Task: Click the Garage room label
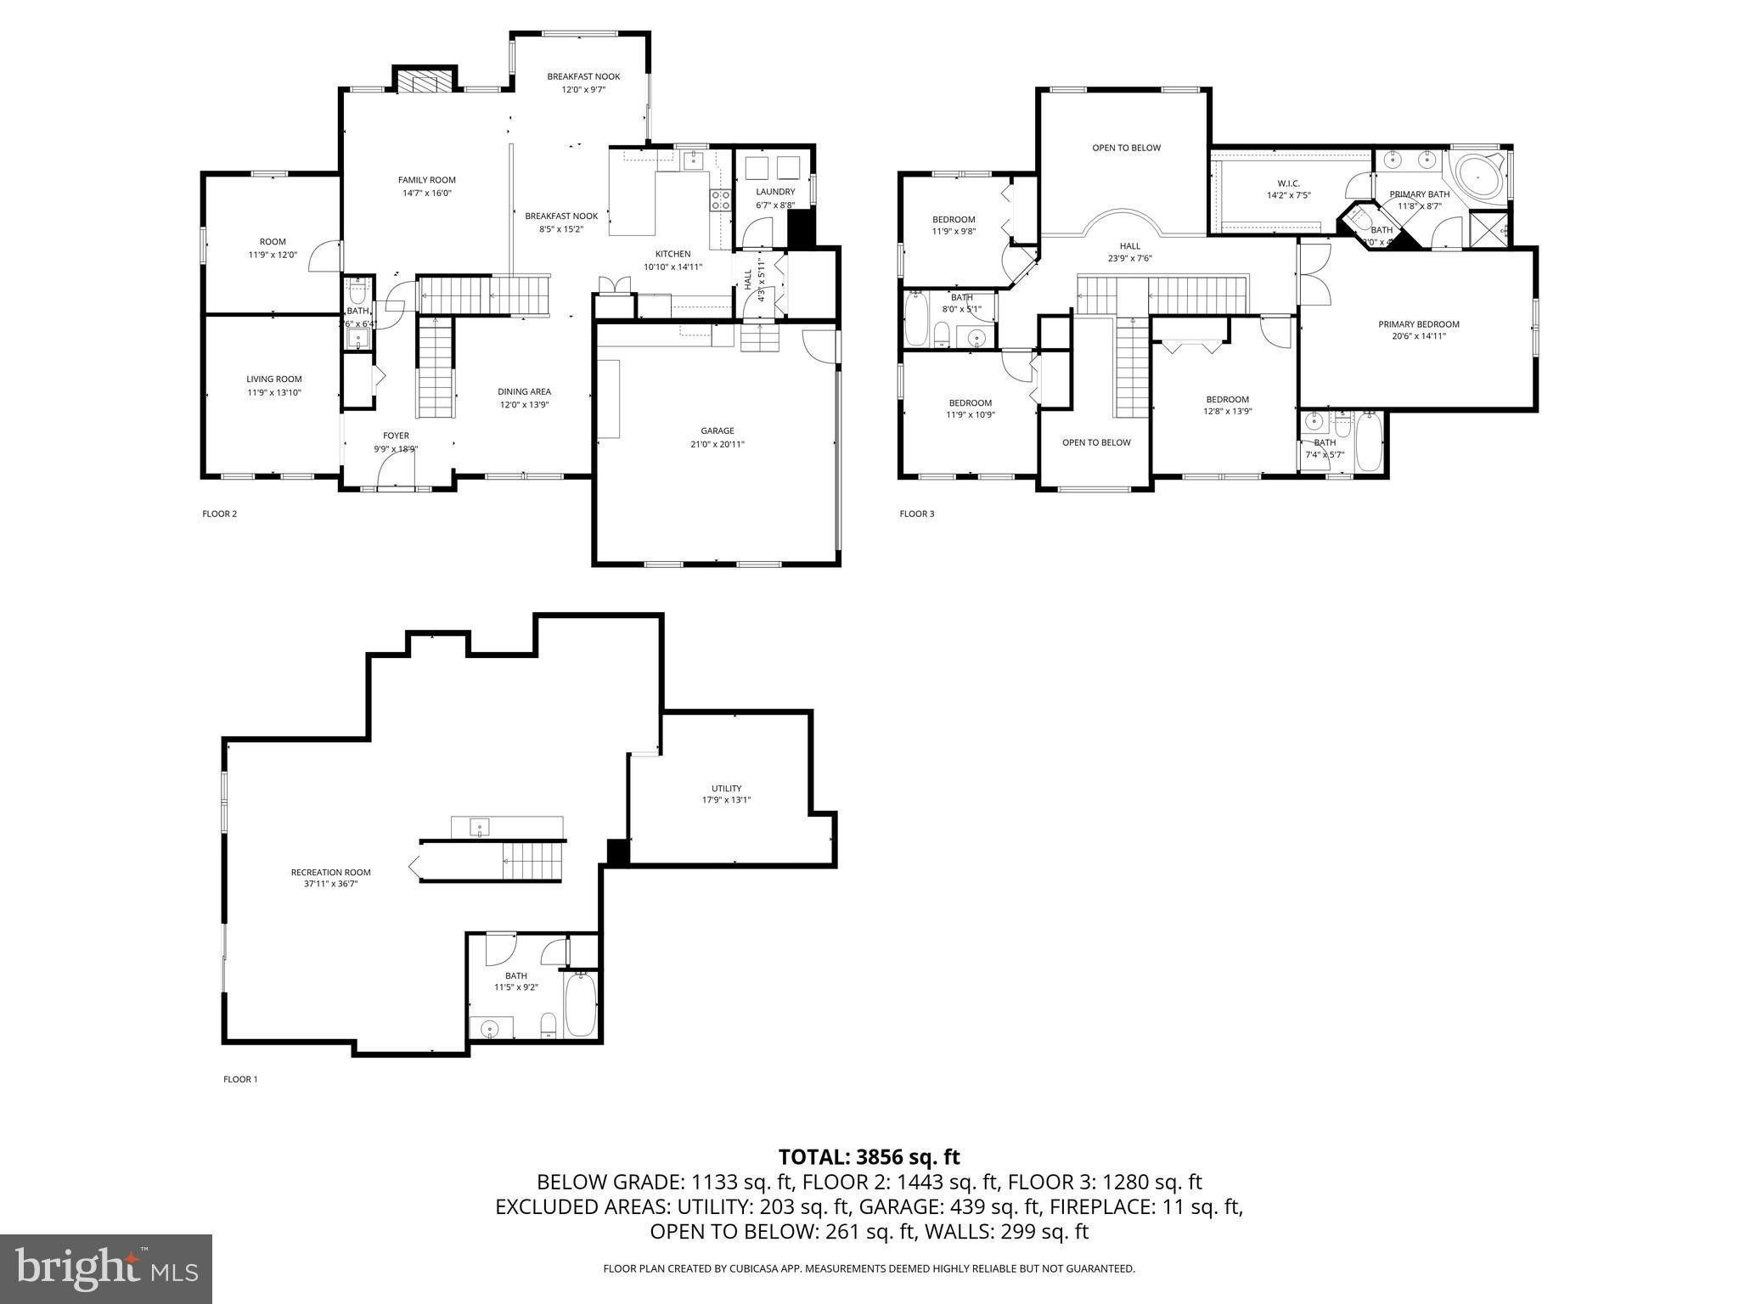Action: click(718, 430)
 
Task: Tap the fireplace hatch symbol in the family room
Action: click(418, 82)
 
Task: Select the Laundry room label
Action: click(775, 192)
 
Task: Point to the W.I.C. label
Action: click(1288, 183)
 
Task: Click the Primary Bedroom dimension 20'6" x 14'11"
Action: click(1418, 336)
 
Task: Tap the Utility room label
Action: click(726, 788)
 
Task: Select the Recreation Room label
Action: click(330, 872)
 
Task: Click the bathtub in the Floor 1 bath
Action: click(582, 1006)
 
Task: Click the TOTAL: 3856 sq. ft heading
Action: click(869, 1157)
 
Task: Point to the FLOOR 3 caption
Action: click(916, 514)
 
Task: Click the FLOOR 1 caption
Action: click(239, 1079)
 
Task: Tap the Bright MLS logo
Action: click(106, 1268)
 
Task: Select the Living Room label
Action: click(274, 379)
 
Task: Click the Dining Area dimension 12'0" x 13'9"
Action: click(524, 404)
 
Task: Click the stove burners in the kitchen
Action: click(720, 200)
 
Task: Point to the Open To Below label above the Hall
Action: click(1126, 148)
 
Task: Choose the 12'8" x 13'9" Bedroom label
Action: click(1227, 399)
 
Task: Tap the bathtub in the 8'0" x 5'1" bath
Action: click(916, 319)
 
